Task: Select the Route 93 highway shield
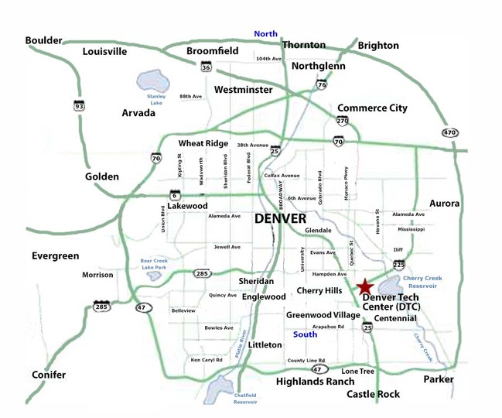(x=79, y=104)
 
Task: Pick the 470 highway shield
(x=450, y=132)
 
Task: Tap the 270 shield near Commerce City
(x=343, y=122)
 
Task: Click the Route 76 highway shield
(x=321, y=84)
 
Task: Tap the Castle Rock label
(x=374, y=395)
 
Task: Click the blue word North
(x=265, y=33)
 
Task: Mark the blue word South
(x=306, y=334)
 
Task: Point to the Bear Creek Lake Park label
(x=158, y=263)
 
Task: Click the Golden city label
(x=102, y=176)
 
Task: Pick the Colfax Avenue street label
(x=282, y=176)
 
